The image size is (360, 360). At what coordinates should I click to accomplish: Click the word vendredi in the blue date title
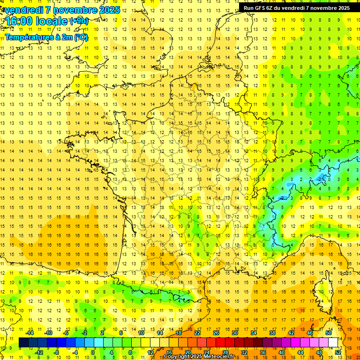[22, 10]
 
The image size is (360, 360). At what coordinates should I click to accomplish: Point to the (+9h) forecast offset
[78, 21]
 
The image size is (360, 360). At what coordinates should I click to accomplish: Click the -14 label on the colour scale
[30, 333]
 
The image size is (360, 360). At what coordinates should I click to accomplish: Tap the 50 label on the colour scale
[329, 333]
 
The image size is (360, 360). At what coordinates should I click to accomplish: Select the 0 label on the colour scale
[93, 352]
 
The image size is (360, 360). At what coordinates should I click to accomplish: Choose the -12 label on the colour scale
[39, 352]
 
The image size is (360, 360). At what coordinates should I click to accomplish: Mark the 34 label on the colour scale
[254, 333]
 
